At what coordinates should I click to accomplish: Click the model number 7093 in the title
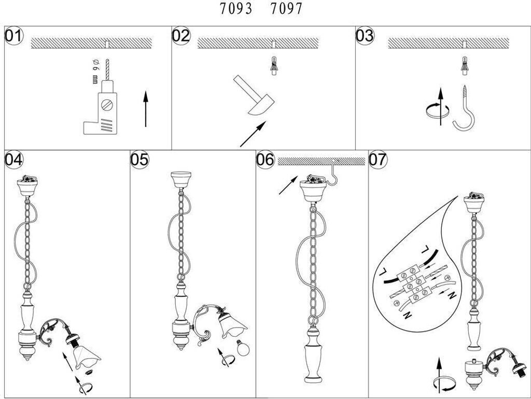(x=236, y=8)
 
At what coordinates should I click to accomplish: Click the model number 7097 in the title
(x=286, y=8)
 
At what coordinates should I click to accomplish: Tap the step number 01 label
(x=13, y=36)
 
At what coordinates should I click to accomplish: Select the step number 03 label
(x=365, y=36)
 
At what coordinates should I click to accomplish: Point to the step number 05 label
(x=139, y=160)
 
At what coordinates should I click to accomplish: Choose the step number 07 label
(x=378, y=160)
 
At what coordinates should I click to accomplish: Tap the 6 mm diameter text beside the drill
(x=95, y=72)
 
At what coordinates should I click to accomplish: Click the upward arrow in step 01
(x=146, y=109)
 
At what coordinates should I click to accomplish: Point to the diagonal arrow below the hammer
(x=253, y=134)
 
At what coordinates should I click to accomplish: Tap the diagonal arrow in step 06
(x=288, y=185)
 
